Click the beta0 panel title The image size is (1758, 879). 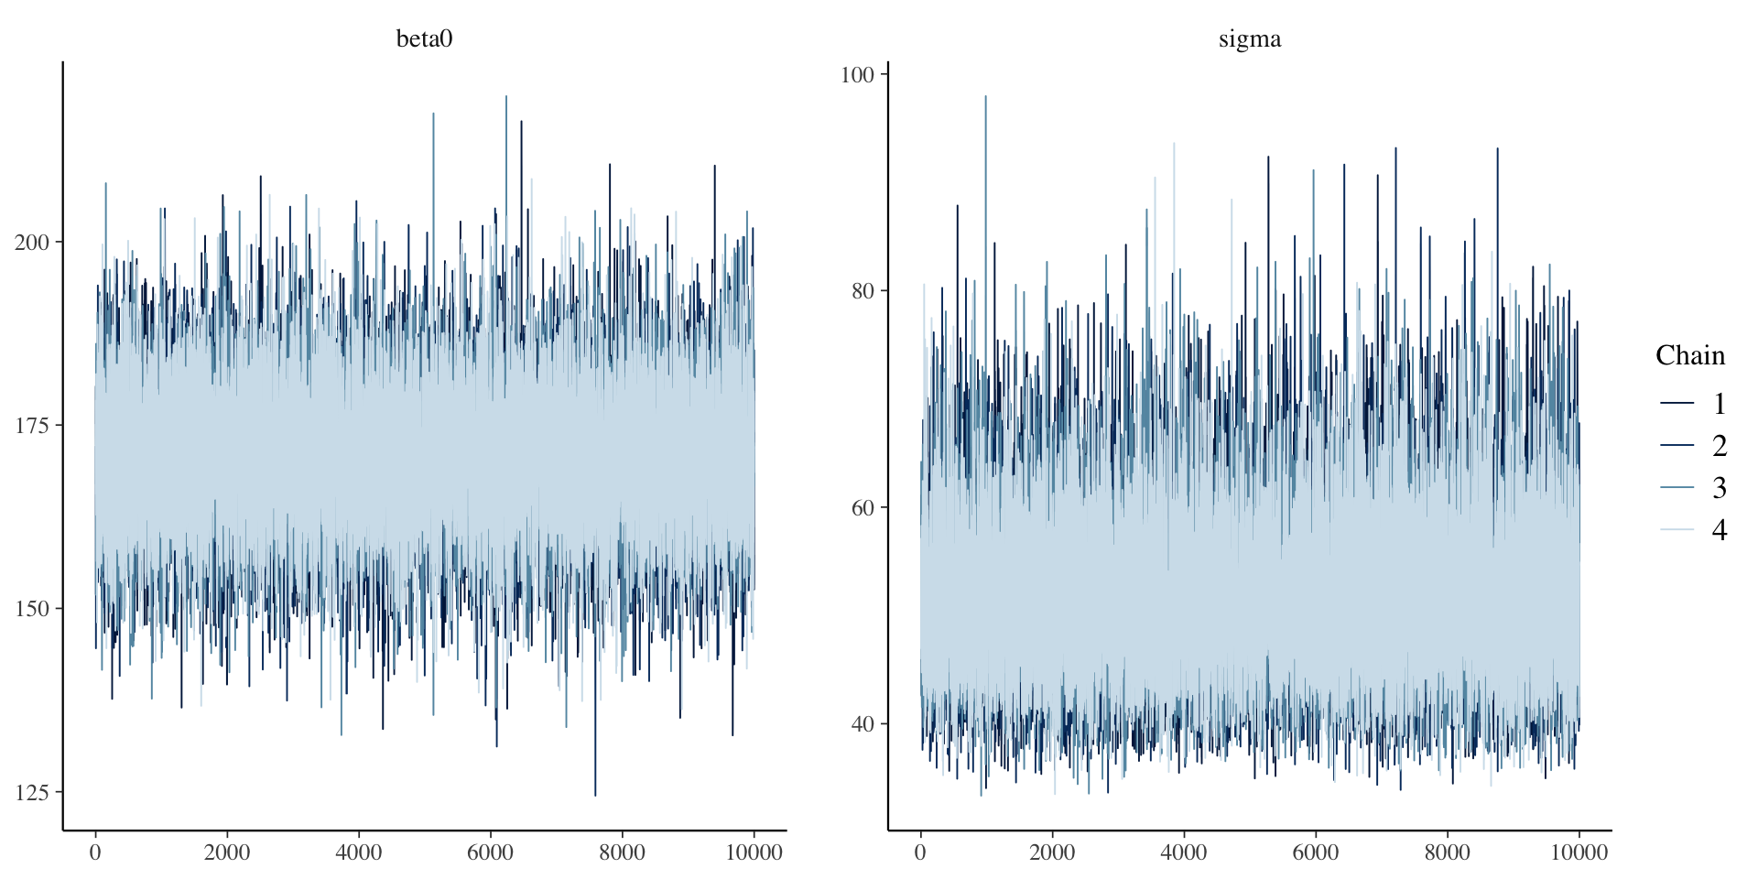point(424,38)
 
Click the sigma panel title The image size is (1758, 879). point(1249,38)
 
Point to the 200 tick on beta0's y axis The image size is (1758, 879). point(32,243)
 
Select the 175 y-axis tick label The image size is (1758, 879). point(32,426)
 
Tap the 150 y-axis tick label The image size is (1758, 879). point(32,609)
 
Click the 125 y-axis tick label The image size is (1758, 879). point(32,792)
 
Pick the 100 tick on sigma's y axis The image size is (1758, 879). point(858,74)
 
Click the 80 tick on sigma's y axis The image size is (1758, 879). point(863,291)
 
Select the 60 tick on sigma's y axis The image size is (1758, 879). point(863,507)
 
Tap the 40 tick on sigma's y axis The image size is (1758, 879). point(863,724)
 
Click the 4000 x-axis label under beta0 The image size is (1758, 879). point(358,852)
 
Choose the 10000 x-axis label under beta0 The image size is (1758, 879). point(754,852)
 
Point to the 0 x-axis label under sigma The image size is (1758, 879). point(920,852)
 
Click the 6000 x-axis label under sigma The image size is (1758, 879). point(1316,852)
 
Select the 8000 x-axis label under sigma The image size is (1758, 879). point(1448,852)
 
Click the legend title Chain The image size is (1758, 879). point(1690,355)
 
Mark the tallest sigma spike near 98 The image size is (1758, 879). point(985,98)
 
